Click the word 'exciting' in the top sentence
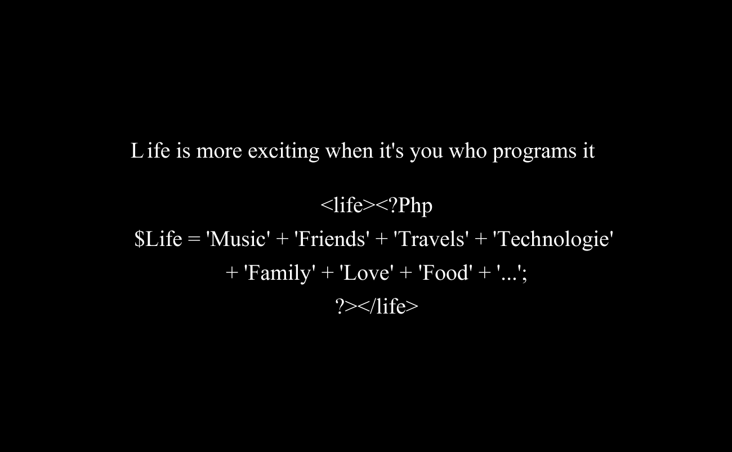[283, 151]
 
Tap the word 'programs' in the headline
[534, 151]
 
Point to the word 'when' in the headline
[349, 151]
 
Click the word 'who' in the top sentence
[468, 151]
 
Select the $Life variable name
[158, 239]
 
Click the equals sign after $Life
[194, 239]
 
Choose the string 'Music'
[238, 239]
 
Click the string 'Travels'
[431, 239]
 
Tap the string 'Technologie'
[553, 239]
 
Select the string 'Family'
[280, 273]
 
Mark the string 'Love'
[367, 272]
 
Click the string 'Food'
[445, 272]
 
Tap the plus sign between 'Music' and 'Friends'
[282, 239]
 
